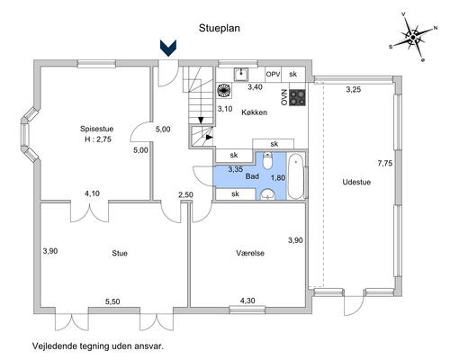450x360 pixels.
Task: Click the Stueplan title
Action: (x=220, y=28)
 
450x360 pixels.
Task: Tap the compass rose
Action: (x=413, y=37)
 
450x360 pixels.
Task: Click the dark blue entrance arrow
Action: (x=168, y=48)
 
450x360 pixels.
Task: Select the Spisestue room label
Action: (x=96, y=129)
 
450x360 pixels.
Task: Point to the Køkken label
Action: (x=254, y=112)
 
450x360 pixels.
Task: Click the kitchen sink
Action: (x=241, y=74)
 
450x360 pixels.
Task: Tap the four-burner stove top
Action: (x=297, y=98)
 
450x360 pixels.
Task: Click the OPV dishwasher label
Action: (x=273, y=74)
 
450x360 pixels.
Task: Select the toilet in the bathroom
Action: (x=266, y=160)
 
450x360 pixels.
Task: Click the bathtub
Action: (x=296, y=175)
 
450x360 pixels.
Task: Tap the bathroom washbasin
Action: (x=268, y=194)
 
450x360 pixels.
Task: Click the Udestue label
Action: (x=356, y=182)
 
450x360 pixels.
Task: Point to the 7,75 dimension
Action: (x=385, y=164)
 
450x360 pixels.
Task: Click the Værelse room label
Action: (x=250, y=253)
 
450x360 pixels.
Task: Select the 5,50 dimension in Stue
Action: (x=112, y=301)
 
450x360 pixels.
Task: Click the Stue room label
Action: (x=120, y=253)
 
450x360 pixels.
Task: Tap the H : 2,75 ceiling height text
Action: (x=98, y=139)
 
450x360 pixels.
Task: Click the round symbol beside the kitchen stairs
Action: (x=224, y=90)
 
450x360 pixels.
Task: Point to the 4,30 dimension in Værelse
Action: (x=247, y=300)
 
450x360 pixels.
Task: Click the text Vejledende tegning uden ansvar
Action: (x=98, y=346)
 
